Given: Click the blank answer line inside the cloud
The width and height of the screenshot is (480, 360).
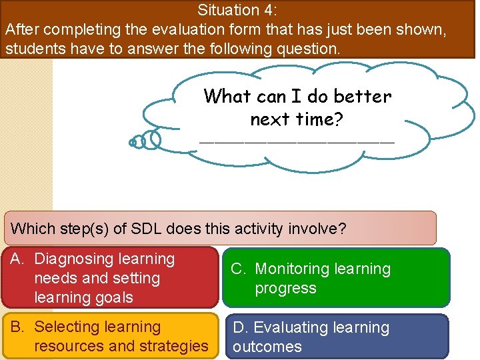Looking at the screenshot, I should pos(297,141).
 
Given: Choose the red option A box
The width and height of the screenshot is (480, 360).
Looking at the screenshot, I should pos(110,278).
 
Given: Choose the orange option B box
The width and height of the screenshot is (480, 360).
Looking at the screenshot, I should pos(110,337).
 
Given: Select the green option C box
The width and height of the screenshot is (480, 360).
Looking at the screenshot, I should pos(337,278).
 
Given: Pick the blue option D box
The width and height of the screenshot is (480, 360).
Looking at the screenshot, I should pos(337,337).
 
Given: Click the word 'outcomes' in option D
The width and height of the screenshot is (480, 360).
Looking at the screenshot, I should pos(267,347).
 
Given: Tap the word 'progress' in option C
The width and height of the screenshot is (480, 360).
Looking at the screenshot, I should pos(285,288).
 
